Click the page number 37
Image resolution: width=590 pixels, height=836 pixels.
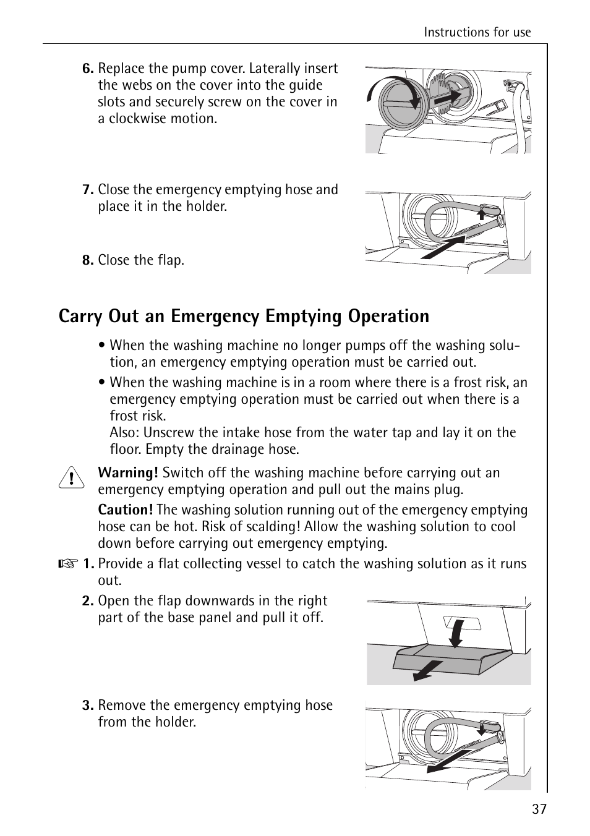point(539,809)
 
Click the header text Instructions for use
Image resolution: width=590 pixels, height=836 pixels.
point(477,33)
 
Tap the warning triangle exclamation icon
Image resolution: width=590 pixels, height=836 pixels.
point(72,479)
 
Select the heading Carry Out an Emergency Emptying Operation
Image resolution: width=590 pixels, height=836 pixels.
point(244,316)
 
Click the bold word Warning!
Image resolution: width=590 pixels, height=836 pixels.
point(128,473)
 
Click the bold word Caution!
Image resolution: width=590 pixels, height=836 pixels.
point(126,510)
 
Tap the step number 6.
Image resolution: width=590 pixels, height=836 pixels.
point(88,69)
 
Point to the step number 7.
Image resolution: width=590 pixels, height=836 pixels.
point(88,190)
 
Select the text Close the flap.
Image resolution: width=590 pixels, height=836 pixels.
point(141,260)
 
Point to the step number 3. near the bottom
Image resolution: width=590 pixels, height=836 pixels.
point(88,706)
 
